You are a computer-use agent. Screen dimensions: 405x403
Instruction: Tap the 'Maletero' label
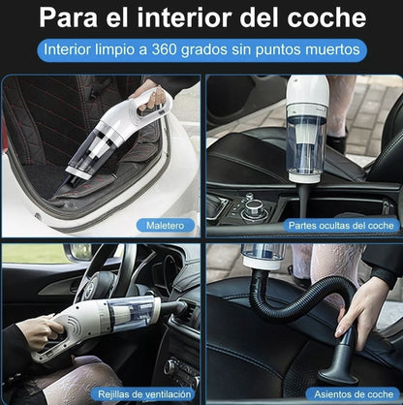164,225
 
